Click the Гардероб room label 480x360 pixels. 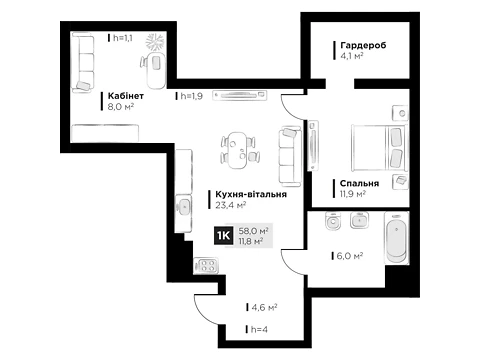[x=363, y=45]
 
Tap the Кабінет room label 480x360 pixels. [x=126, y=96]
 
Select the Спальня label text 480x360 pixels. [x=359, y=183]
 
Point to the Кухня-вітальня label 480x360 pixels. [x=251, y=194]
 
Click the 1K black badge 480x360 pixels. [x=224, y=236]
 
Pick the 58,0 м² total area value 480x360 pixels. [x=254, y=231]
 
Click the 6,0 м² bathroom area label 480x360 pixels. [x=350, y=256]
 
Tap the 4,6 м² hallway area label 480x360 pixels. [x=264, y=307]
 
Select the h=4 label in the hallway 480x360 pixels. [x=259, y=330]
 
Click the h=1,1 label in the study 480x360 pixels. [x=123, y=38]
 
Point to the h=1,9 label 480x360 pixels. [x=192, y=96]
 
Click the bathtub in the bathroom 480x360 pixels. [x=396, y=238]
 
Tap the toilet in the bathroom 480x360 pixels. [x=333, y=221]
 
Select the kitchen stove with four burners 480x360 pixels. [x=206, y=266]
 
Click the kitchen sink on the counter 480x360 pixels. [x=183, y=207]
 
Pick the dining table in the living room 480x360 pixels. [x=238, y=150]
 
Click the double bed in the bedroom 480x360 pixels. [x=379, y=147]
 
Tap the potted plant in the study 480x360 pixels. [x=155, y=42]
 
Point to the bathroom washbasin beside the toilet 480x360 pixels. [x=359, y=220]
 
